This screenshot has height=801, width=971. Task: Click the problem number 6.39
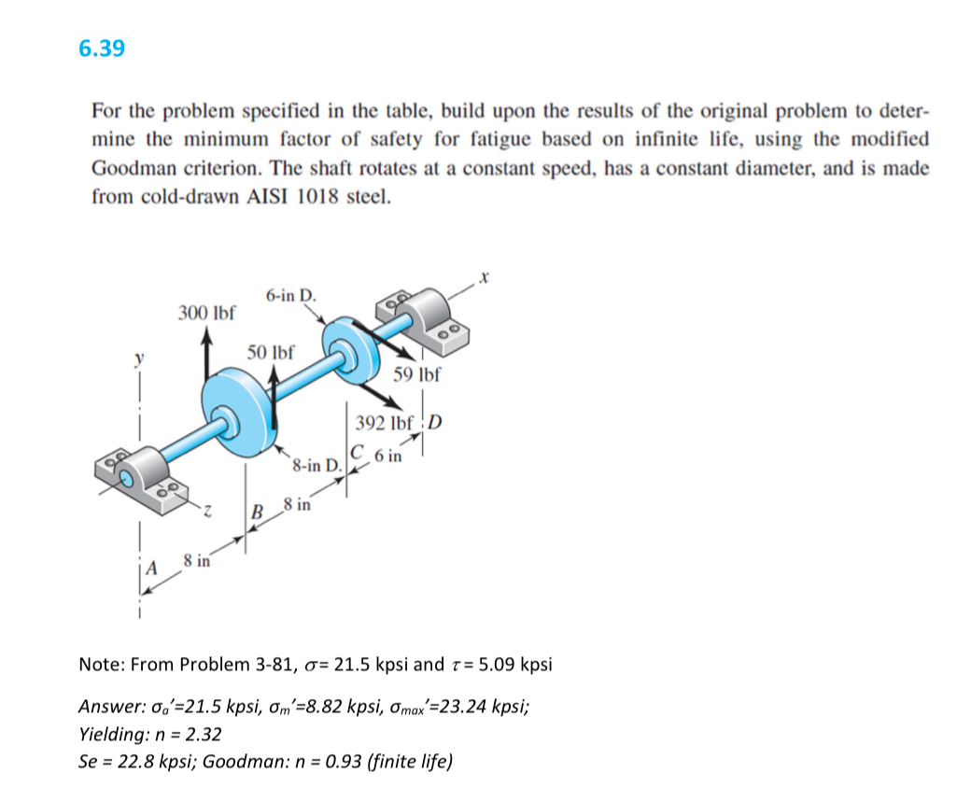pos(102,49)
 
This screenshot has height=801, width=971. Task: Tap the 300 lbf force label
pos(206,311)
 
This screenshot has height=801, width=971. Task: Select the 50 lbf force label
pos(271,353)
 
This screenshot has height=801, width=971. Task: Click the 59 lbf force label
pos(416,375)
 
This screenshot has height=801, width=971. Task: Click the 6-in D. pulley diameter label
pos(290,296)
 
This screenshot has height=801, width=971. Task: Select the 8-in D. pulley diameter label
pos(317,464)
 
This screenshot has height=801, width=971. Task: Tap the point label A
pos(148,566)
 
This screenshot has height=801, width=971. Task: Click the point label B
pos(260,512)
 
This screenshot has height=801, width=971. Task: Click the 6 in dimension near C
pos(388,457)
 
